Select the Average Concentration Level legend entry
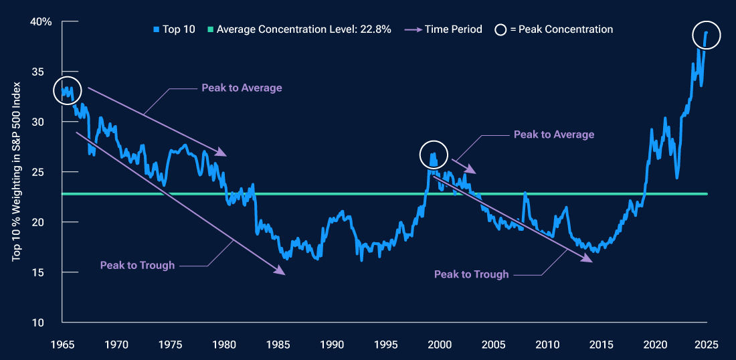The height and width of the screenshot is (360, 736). tap(299, 29)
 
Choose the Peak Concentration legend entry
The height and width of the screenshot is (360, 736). tap(553, 29)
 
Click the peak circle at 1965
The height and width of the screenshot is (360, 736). tap(67, 90)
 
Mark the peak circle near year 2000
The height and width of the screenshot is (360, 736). tap(434, 155)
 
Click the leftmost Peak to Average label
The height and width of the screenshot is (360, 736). tap(242, 88)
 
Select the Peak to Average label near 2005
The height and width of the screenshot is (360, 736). tap(553, 134)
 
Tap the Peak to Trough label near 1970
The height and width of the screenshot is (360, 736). tap(137, 265)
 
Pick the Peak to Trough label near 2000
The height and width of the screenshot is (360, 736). tap(471, 274)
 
